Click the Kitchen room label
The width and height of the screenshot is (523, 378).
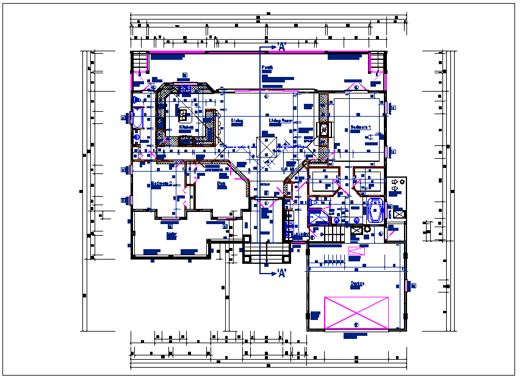coord(186,128)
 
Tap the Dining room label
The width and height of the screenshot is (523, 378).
coord(237,121)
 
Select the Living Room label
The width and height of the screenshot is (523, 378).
coord(281,121)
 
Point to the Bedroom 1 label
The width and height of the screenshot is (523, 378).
coord(360,127)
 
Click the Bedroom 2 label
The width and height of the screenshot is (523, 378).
coord(161,183)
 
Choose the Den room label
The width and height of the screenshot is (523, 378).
coord(222,183)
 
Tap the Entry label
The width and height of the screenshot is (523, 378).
coord(171,233)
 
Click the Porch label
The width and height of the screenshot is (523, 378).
coord(267,67)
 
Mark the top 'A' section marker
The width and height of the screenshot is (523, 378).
coord(281,46)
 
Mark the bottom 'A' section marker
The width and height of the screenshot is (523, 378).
coord(281,274)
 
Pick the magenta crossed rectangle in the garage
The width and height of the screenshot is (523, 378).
coord(356,313)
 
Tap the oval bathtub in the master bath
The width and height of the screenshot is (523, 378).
coord(375,211)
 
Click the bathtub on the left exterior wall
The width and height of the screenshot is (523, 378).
coord(137,117)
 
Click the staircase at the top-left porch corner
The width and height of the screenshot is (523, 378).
coord(140,62)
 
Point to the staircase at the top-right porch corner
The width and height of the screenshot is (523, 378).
coord(378,62)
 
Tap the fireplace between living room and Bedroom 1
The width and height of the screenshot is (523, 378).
coord(323,129)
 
